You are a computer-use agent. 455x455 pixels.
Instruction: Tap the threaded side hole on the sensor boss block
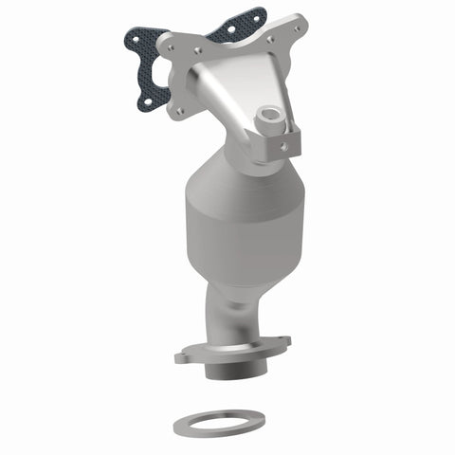pyautogui.click(x=283, y=144)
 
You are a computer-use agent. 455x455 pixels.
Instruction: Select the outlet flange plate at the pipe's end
pyautogui.click(x=227, y=351)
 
